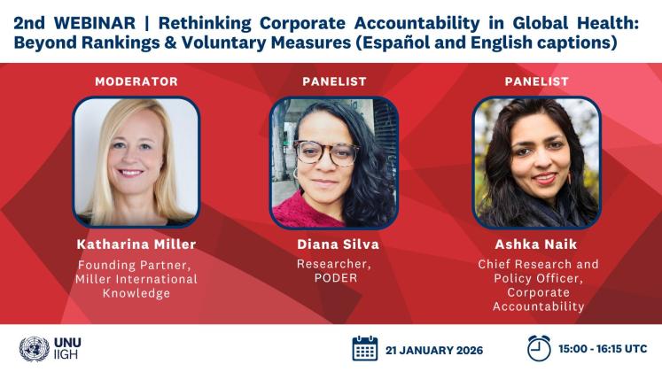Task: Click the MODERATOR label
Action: pos(136,81)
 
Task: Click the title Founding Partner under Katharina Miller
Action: pos(136,265)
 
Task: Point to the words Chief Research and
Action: pos(537,265)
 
